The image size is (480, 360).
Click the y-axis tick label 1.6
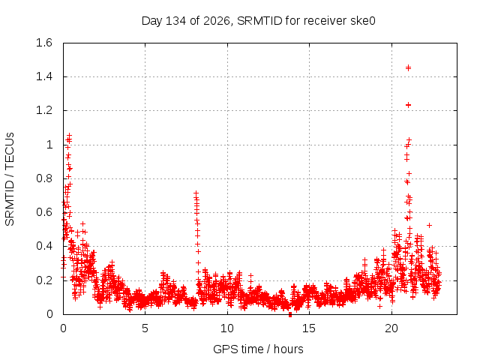[44, 43]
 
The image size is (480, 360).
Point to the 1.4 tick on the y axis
[44, 76]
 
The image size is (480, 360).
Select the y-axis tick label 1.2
[44, 110]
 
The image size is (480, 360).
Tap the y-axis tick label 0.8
[44, 178]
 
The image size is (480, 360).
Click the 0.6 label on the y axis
[44, 212]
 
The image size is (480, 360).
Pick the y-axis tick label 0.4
[44, 246]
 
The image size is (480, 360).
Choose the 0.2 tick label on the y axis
[44, 280]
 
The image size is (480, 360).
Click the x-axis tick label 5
[145, 328]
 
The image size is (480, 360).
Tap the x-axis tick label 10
[226, 328]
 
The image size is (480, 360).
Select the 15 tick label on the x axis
[309, 328]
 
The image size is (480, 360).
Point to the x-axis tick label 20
[391, 328]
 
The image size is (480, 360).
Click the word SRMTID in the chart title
[259, 21]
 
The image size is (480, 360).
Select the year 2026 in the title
[217, 21]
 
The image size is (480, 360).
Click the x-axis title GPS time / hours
[258, 349]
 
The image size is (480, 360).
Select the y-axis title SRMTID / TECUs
[10, 179]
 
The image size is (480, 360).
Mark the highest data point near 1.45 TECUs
[408, 67]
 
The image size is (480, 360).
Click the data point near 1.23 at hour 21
[408, 105]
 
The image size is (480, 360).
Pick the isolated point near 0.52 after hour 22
[429, 225]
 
